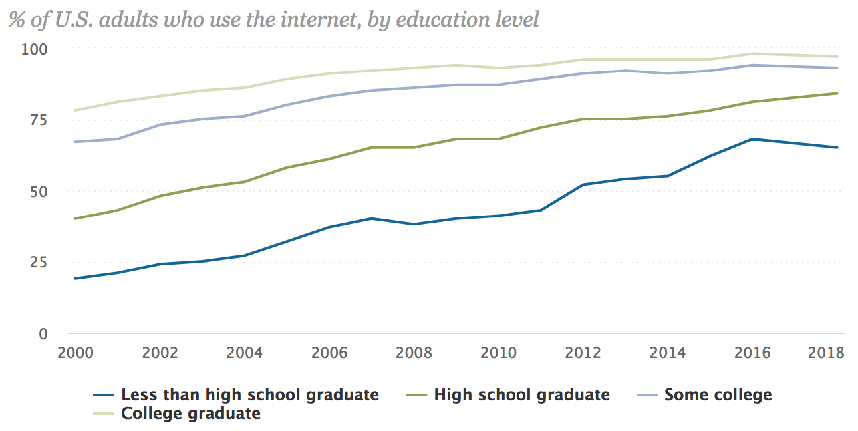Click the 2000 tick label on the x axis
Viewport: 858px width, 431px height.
click(74, 353)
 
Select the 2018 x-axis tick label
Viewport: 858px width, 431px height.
click(825, 353)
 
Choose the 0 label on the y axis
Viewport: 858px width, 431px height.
click(44, 333)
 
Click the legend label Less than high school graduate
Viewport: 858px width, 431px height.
click(249, 395)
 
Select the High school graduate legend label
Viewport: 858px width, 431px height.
click(521, 395)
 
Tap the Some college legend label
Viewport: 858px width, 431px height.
click(718, 395)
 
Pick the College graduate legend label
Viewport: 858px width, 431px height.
click(190, 414)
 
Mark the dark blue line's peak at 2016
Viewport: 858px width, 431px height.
click(752, 139)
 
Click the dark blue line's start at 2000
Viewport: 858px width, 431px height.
click(74, 279)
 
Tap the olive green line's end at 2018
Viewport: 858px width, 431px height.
click(837, 93)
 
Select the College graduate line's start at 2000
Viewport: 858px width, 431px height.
click(74, 110)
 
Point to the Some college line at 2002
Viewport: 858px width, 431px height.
click(160, 124)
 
